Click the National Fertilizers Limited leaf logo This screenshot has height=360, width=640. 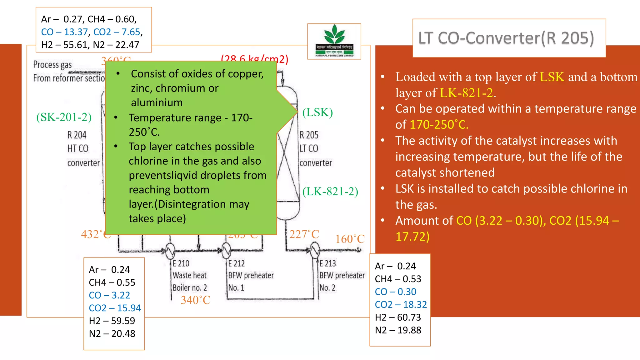334,35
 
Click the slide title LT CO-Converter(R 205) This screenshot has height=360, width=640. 506,38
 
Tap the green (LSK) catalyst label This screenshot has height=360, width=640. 317,112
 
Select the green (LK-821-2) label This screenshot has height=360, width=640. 330,192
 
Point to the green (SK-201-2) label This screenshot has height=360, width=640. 64,117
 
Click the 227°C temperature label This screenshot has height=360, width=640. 304,234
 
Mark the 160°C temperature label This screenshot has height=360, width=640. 350,239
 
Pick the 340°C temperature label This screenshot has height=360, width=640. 196,300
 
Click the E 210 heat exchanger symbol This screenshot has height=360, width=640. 170,250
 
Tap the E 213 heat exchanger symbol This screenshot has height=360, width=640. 315,250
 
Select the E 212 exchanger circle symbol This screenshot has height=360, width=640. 226,250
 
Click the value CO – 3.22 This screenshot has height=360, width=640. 109,295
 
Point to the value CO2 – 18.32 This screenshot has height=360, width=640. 401,305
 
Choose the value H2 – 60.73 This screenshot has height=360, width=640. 398,317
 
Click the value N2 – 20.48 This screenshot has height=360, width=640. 112,334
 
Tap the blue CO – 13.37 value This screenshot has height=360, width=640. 65,32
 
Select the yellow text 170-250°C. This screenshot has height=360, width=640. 439,125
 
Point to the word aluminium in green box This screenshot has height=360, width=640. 157,102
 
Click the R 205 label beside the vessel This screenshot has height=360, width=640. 309,135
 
